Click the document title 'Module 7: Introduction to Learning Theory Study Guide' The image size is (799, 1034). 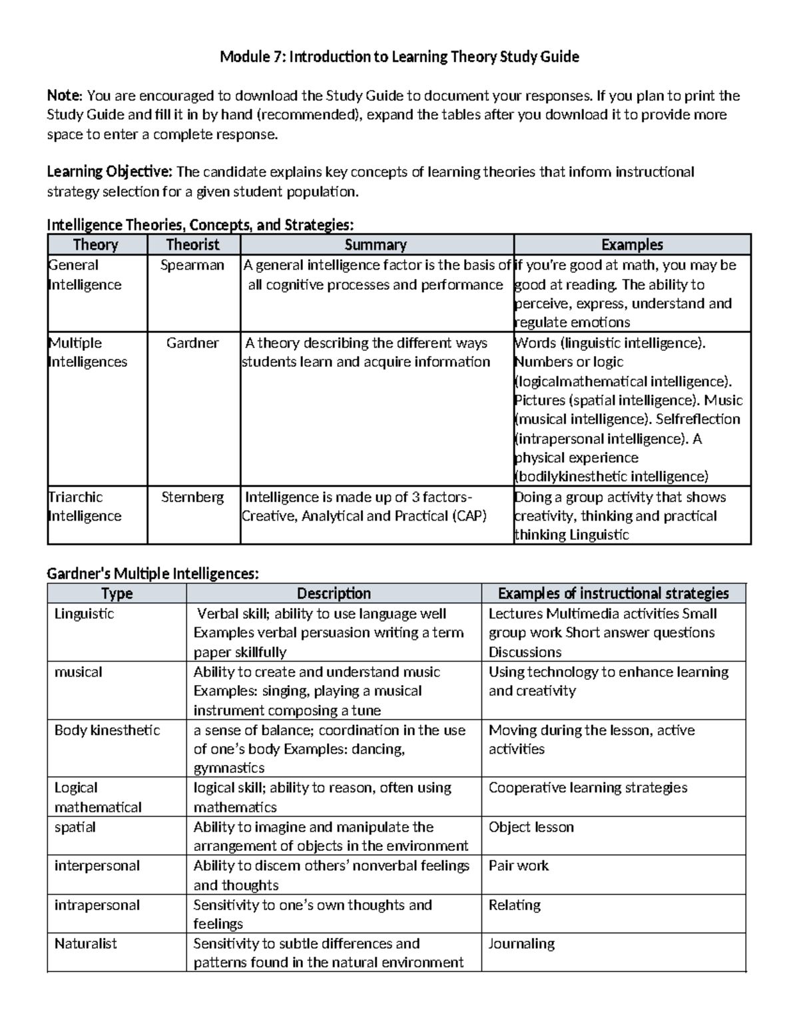pos(400,57)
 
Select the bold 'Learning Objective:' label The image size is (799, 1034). pos(109,172)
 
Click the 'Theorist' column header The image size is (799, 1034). pos(192,245)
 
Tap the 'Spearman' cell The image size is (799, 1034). pos(192,265)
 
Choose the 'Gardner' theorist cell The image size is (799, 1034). pos(192,343)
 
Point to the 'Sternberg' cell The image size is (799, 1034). pos(192,497)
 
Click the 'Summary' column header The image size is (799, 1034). pos(376,245)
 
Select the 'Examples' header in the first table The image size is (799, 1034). pos(631,245)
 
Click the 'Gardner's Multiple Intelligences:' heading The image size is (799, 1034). pos(152,574)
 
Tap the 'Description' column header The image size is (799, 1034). pos(334,594)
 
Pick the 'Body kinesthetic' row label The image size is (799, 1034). pos(107,730)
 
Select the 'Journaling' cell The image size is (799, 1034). pos(521,943)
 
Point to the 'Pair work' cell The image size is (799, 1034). pos(519,866)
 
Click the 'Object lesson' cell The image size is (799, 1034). pos(531,827)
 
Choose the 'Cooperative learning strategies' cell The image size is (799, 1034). pos(588,788)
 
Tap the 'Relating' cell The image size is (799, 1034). pos(515,905)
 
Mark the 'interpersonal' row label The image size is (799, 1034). pos(97,866)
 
